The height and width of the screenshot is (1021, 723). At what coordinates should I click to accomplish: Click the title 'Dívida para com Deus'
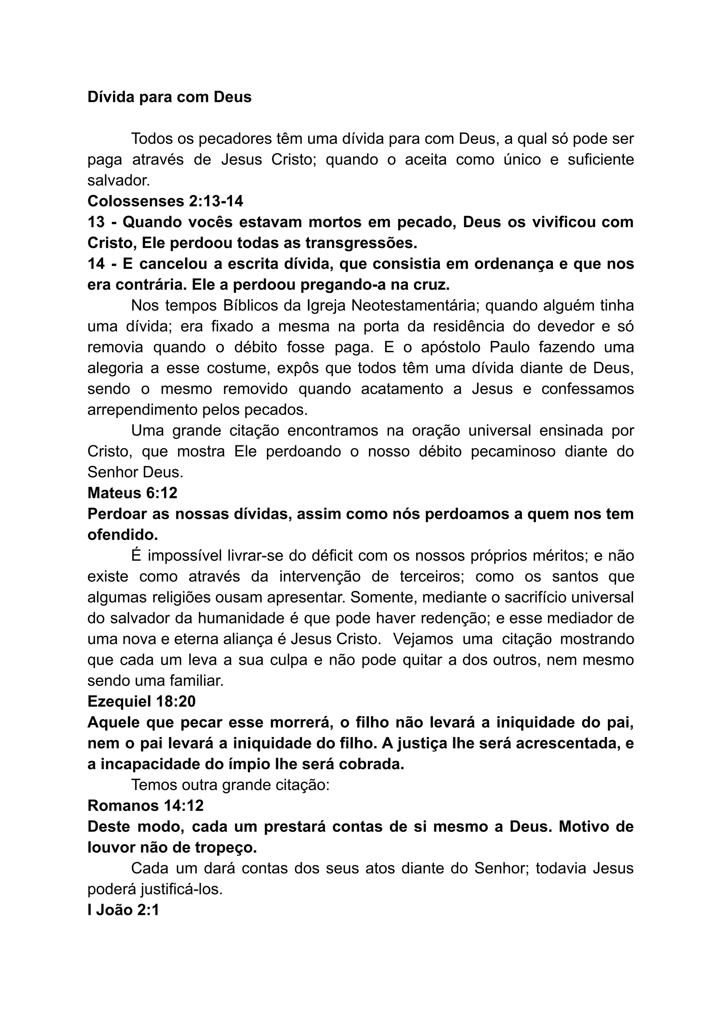(169, 97)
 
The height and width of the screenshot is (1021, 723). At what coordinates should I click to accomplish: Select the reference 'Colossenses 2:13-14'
(165, 201)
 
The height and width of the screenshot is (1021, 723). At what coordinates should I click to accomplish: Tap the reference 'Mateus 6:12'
(132, 493)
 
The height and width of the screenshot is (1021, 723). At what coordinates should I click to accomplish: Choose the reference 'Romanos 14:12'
(145, 806)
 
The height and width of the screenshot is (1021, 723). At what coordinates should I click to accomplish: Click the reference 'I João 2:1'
(123, 910)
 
